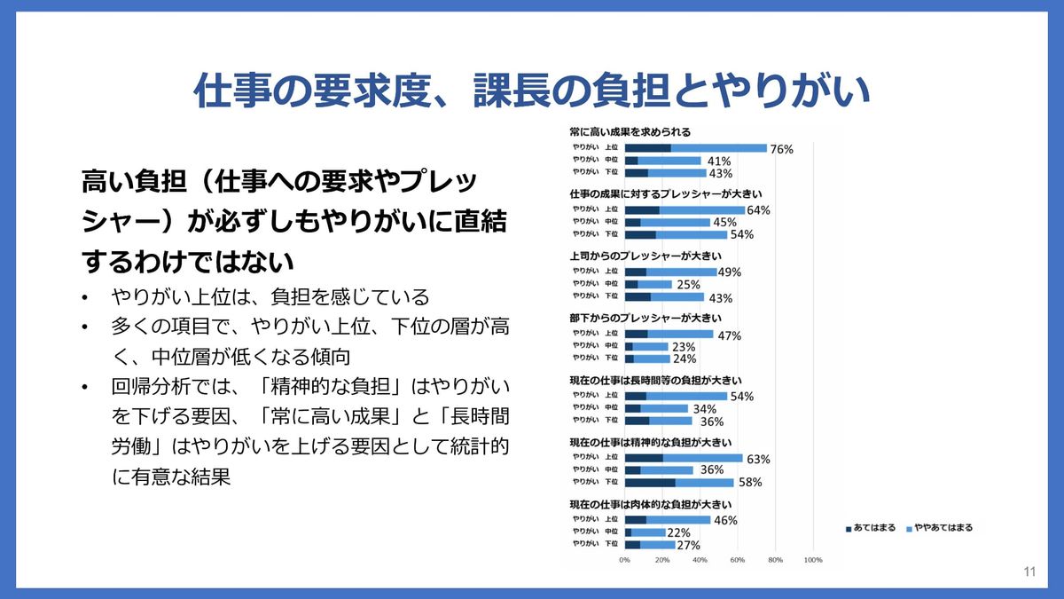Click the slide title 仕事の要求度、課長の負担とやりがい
click(532, 90)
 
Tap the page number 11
click(1029, 571)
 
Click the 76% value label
click(781, 148)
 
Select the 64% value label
click(758, 210)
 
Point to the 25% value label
click(688, 285)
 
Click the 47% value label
click(729, 335)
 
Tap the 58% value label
click(749, 483)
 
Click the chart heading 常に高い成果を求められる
click(630, 131)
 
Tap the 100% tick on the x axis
click(812, 560)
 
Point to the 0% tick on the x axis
click(624, 560)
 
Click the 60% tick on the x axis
click(737, 560)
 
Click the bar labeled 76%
click(695, 148)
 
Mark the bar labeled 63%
click(684, 459)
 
